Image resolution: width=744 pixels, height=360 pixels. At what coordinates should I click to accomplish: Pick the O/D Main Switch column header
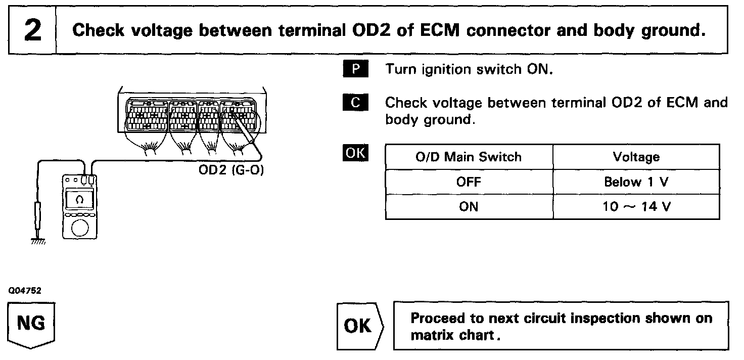click(x=469, y=157)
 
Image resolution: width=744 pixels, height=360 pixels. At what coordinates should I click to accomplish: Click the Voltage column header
click(x=636, y=157)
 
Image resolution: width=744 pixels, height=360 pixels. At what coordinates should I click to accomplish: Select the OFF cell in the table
click(x=469, y=182)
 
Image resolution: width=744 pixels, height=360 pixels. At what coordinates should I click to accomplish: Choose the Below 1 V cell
click(x=636, y=182)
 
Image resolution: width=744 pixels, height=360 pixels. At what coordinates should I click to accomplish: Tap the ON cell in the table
click(x=469, y=207)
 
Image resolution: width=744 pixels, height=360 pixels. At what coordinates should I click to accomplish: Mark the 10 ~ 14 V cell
click(x=636, y=207)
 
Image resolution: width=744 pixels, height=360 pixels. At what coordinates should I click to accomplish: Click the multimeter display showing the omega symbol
click(x=79, y=199)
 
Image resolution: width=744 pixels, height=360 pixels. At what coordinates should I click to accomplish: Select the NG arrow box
click(x=31, y=324)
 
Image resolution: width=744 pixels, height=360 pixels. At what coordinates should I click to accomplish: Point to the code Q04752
click(x=24, y=291)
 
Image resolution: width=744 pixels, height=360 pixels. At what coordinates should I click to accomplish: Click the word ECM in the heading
click(x=433, y=30)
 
